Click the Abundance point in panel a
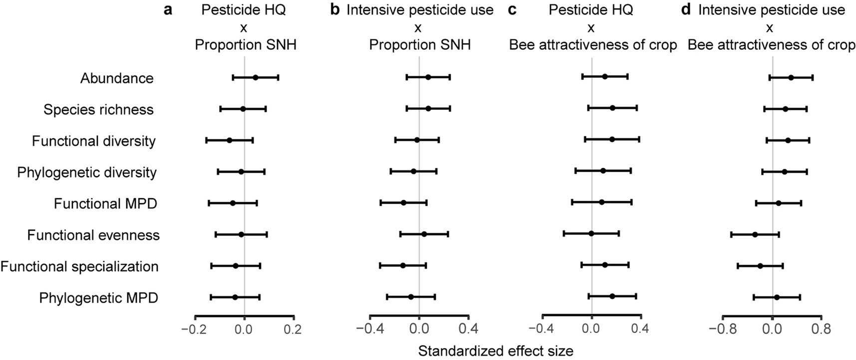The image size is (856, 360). pyautogui.click(x=256, y=77)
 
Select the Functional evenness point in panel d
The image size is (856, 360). pyautogui.click(x=755, y=234)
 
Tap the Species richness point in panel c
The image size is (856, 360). pyautogui.click(x=612, y=108)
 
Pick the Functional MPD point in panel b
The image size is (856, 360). pyautogui.click(x=403, y=203)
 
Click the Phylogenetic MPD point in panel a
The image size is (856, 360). pyautogui.click(x=235, y=297)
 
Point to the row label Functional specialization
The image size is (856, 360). pyautogui.click(x=79, y=266)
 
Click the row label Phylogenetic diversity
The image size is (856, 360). pyautogui.click(x=87, y=172)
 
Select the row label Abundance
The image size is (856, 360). pyautogui.click(x=117, y=78)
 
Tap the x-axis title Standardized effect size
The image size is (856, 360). pyautogui.click(x=495, y=351)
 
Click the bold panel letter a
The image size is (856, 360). pyautogui.click(x=168, y=9)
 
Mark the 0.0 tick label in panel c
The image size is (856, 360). pyautogui.click(x=591, y=329)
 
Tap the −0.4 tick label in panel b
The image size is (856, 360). pyautogui.click(x=369, y=329)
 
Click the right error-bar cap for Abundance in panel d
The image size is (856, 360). pyautogui.click(x=813, y=77)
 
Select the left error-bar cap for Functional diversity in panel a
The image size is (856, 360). pyautogui.click(x=206, y=140)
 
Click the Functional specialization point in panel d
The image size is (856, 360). pyautogui.click(x=760, y=266)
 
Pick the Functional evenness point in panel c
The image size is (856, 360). pyautogui.click(x=591, y=233)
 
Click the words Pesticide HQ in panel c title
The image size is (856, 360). pyautogui.click(x=591, y=10)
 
